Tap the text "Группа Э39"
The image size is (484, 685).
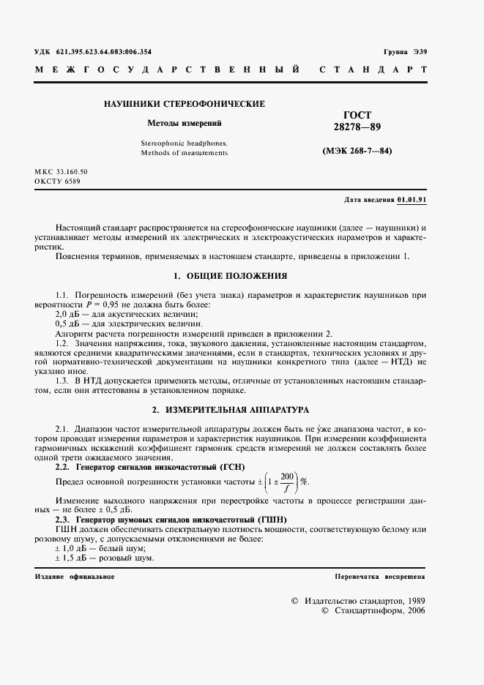pyautogui.click(x=405, y=53)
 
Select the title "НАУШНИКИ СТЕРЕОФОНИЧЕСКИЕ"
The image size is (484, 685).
pyautogui.click(x=185, y=104)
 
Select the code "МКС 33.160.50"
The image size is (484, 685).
pyautogui.click(x=61, y=171)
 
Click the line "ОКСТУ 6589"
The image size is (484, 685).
pyautogui.click(x=57, y=181)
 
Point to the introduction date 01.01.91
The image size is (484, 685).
pyautogui.click(x=413, y=200)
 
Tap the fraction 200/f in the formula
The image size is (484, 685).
pyautogui.click(x=288, y=482)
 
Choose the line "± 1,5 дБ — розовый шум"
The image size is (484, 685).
pyautogui.click(x=105, y=558)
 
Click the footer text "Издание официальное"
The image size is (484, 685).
pyautogui.click(x=75, y=577)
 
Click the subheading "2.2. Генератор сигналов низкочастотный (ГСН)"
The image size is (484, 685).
pyautogui.click(x=150, y=466)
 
